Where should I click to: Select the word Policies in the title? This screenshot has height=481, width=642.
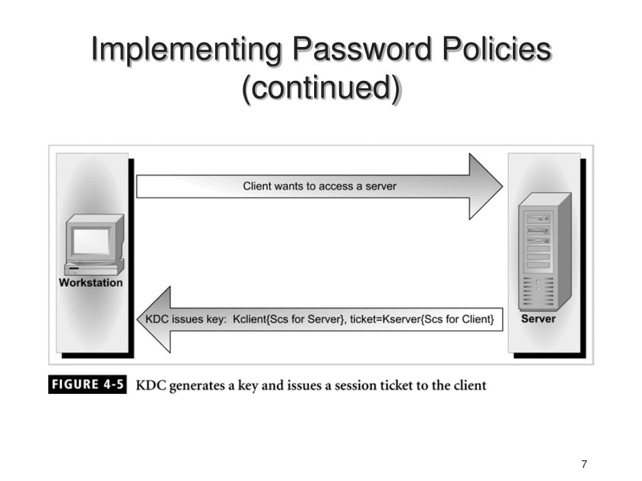[492, 50]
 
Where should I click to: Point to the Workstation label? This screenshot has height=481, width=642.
[91, 282]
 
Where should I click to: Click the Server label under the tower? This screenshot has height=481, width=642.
[538, 319]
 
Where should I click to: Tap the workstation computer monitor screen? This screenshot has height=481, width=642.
[91, 239]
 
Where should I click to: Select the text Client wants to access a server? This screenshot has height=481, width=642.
[320, 186]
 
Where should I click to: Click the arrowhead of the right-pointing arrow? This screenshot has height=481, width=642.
[486, 186]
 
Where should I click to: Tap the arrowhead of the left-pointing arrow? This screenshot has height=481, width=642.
[154, 319]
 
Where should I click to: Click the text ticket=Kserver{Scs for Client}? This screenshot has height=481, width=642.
[422, 319]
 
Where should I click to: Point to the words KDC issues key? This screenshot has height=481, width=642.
[185, 319]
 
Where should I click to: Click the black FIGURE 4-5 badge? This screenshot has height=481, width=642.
[87, 385]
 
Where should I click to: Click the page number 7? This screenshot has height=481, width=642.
[584, 464]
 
